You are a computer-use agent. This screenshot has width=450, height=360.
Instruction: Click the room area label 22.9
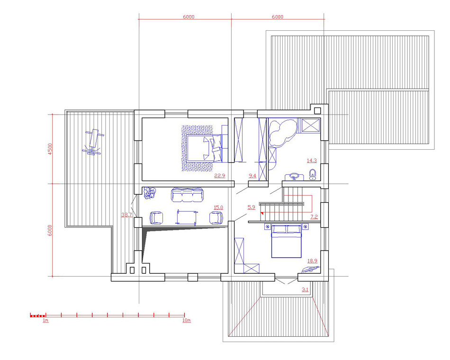[219, 176]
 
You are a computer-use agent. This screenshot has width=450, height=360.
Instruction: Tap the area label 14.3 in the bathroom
[312, 161]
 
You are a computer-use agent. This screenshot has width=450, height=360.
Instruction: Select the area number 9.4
[252, 176]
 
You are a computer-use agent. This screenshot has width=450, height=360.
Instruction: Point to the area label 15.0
[218, 207]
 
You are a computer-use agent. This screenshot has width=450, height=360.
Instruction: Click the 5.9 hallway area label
[251, 207]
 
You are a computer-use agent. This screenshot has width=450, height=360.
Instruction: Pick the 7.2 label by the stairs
[314, 217]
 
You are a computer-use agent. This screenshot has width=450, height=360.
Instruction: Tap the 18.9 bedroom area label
[312, 261]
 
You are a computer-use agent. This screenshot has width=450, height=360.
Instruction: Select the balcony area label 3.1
[305, 290]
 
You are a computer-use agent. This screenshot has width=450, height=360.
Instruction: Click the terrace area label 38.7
[126, 215]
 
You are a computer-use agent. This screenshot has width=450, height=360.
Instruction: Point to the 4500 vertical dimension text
[50, 149]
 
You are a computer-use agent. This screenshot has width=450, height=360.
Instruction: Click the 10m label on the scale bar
[187, 320]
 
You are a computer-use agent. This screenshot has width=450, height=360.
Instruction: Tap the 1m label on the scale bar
[45, 320]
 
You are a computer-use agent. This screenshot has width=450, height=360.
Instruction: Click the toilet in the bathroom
[313, 174]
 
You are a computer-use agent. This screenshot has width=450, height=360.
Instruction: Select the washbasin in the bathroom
[294, 177]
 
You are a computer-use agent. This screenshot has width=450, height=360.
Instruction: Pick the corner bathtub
[282, 133]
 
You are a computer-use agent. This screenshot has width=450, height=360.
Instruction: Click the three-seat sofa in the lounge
[188, 195]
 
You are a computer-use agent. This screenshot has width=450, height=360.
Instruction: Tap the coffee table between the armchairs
[187, 217]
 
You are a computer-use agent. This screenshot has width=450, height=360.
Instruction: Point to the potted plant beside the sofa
[150, 193]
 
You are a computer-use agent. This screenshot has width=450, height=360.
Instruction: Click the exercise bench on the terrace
[93, 142]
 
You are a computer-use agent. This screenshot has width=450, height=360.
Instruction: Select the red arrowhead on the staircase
[262, 213]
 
